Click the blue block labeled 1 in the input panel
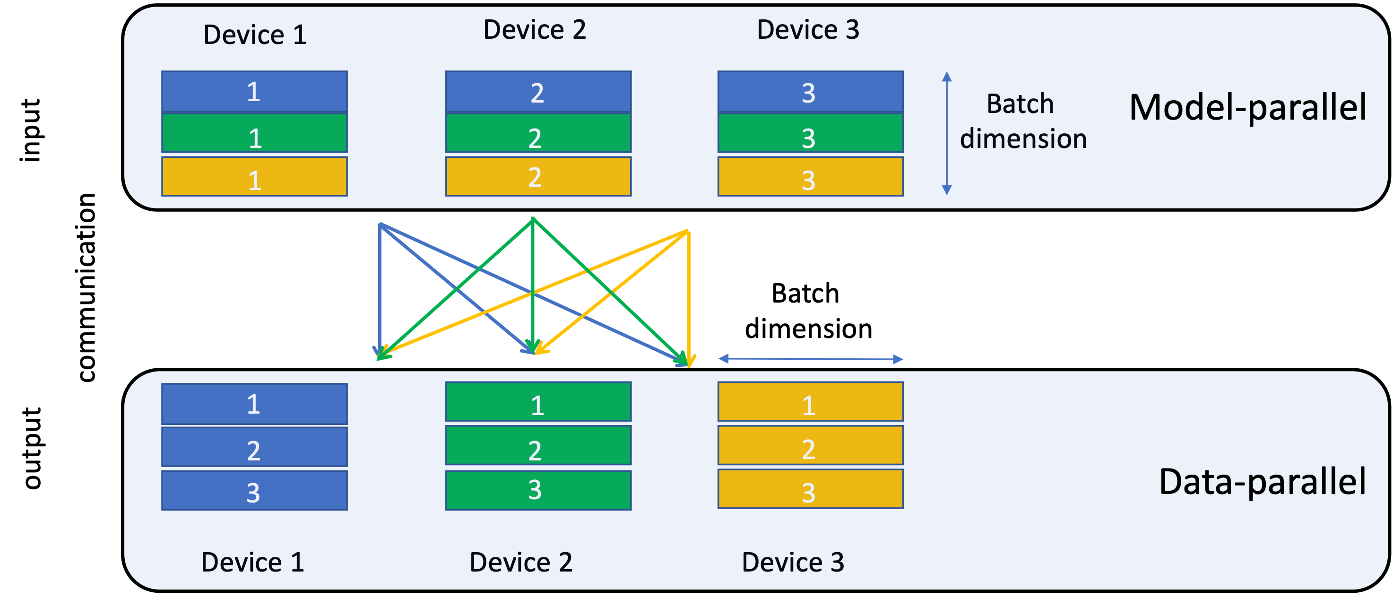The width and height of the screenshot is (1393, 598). coord(254,91)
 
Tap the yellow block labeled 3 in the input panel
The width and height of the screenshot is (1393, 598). coord(810,177)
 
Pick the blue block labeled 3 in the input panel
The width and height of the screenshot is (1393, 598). coord(810,91)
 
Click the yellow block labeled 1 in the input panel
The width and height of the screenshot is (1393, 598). coord(254,177)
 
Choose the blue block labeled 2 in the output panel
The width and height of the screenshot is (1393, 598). coord(254,447)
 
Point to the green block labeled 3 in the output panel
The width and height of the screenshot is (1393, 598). coord(538,490)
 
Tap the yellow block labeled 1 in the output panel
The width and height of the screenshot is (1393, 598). coord(810,402)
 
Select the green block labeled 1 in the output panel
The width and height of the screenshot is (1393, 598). coord(538,402)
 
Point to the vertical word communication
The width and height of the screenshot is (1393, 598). coord(87,287)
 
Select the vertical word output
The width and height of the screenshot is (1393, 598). coord(33,449)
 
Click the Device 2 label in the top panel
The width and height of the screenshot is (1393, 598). coord(534,30)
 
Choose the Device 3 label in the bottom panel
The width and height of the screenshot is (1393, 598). coord(792,563)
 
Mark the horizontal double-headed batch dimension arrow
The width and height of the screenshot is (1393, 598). coord(810,358)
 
